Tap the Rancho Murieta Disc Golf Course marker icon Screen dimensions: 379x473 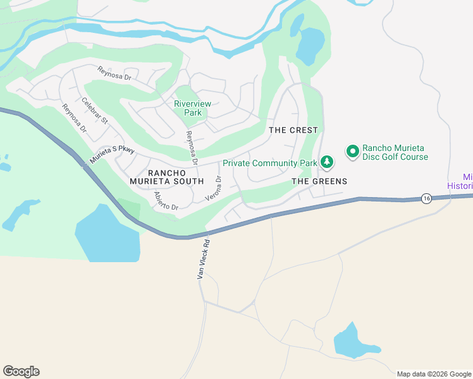click(352, 152)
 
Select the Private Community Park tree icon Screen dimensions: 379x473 click(326, 163)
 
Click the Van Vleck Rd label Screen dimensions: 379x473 click(202, 260)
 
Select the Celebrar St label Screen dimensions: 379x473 click(95, 111)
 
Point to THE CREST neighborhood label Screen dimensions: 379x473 click(293, 129)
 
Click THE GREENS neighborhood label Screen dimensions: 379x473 click(319, 181)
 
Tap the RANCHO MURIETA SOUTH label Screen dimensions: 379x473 click(175, 177)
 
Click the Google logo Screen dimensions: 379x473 click(21, 371)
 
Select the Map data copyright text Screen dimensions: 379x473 click(433, 374)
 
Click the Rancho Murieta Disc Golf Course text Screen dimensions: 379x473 click(395, 152)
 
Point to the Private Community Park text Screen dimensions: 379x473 click(269, 163)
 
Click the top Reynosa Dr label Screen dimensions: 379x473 click(114, 74)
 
